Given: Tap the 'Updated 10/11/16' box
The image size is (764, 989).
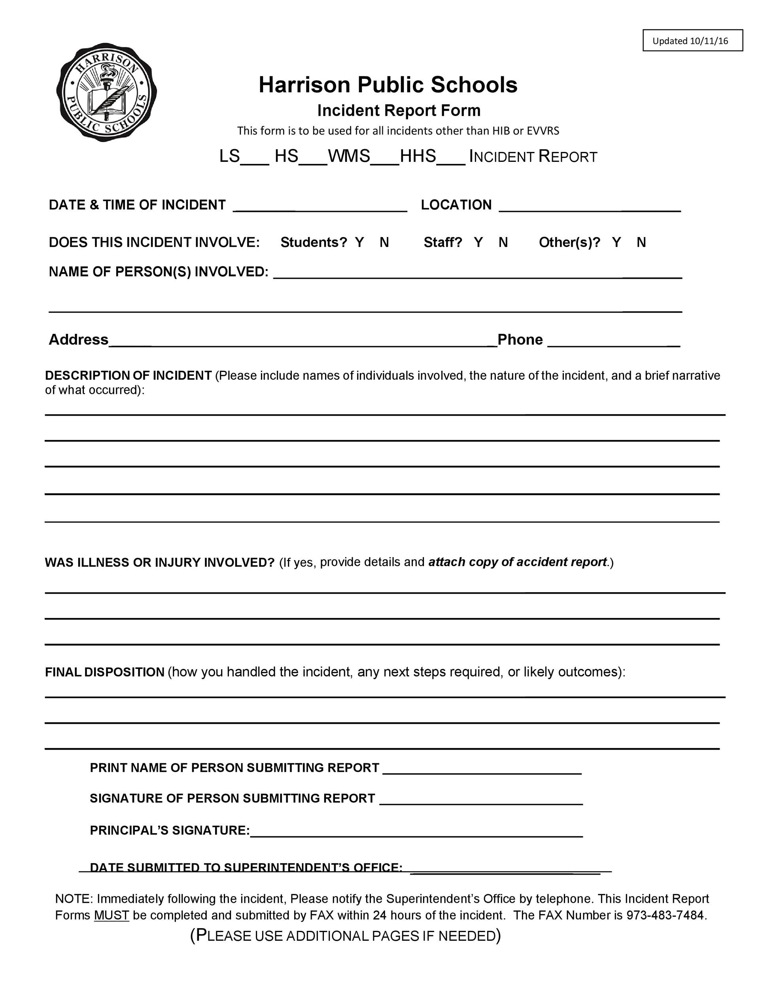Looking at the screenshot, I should pos(692,41).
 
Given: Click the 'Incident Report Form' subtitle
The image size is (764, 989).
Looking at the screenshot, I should pos(398,110).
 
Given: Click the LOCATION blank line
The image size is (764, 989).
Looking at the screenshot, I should pos(589,207).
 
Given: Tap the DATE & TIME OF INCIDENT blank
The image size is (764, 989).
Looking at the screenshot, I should pos(320,207).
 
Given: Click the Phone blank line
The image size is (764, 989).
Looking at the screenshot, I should pos(613,343).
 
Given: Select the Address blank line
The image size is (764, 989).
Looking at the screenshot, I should pos(303,343).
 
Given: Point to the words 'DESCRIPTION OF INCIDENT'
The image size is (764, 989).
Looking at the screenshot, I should pos(128,375).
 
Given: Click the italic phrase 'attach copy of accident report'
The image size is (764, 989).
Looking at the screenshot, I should pos(517,562).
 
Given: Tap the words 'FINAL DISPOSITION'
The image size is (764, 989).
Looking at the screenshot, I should pos(104,672).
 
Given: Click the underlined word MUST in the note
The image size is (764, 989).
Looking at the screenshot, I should pos(112,915).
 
